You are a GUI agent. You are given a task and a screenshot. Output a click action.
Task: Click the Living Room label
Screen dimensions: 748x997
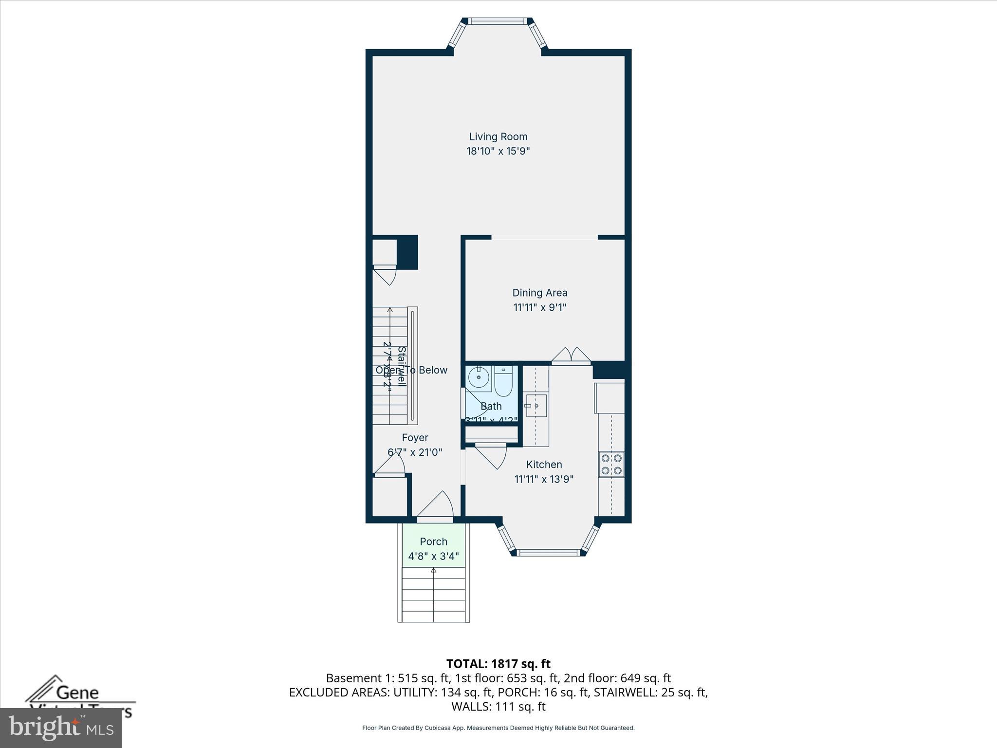coord(498,137)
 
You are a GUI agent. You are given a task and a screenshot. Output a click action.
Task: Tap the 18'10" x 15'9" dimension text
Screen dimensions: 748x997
coord(498,151)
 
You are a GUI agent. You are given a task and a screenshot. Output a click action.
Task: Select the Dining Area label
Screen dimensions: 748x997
coord(540,293)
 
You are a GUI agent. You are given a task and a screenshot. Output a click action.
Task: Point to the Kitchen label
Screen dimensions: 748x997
coord(544,465)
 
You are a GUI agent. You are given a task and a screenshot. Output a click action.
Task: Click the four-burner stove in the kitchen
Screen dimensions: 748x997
coord(611,464)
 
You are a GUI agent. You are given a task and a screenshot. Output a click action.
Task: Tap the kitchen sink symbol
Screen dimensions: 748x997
coord(536,405)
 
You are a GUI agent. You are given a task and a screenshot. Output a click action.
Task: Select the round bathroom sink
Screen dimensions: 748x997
coord(479,377)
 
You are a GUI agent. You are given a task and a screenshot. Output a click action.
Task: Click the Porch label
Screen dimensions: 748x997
coord(433,542)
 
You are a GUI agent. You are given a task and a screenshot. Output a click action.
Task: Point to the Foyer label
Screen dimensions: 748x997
coord(415,438)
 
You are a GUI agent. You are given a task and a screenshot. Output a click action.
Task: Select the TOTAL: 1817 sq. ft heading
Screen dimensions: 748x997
coord(498,664)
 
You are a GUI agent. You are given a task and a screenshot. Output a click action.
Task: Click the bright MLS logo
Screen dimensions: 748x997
coord(60,728)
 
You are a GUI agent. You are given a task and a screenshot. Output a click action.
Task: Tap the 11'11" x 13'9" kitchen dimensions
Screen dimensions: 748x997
coord(544,479)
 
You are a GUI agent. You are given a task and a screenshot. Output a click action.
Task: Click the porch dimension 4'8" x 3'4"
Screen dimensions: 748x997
coord(433,556)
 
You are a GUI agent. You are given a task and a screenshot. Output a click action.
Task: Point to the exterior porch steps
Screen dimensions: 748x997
coord(433,597)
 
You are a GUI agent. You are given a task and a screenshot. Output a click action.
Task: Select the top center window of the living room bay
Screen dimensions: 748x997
coord(498,21)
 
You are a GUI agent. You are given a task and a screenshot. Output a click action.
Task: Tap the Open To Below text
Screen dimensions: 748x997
coord(411,370)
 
